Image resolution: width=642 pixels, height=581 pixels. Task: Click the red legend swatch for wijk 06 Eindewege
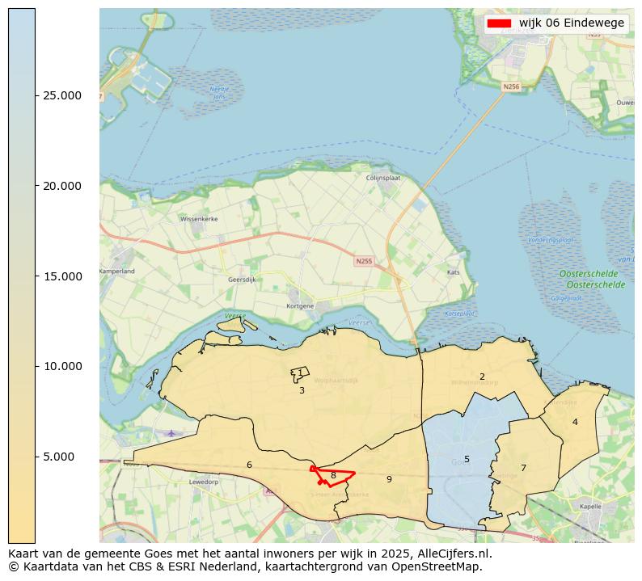pyautogui.click(x=499, y=23)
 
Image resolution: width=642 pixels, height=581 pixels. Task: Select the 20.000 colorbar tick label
pyautogui.click(x=61, y=186)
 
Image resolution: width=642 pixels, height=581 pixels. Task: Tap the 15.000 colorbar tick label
pyautogui.click(x=61, y=276)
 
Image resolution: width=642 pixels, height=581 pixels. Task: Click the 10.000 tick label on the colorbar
pyautogui.click(x=61, y=366)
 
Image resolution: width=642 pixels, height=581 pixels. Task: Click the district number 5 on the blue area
pyautogui.click(x=467, y=460)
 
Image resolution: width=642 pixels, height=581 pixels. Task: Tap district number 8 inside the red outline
pyautogui.click(x=333, y=476)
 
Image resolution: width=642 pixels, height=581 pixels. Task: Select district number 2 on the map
pyautogui.click(x=482, y=377)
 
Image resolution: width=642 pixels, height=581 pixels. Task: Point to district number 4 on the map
pyautogui.click(x=575, y=423)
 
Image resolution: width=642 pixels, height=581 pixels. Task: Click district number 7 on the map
pyautogui.click(x=523, y=469)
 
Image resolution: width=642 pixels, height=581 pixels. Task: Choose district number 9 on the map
pyautogui.click(x=389, y=480)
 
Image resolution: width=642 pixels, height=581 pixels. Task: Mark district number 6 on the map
pyautogui.click(x=249, y=465)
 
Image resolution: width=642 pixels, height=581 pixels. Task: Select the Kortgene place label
pyautogui.click(x=299, y=306)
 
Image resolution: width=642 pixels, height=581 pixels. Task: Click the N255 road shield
pyautogui.click(x=365, y=261)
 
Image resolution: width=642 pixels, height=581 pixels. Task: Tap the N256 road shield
pyautogui.click(x=511, y=86)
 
